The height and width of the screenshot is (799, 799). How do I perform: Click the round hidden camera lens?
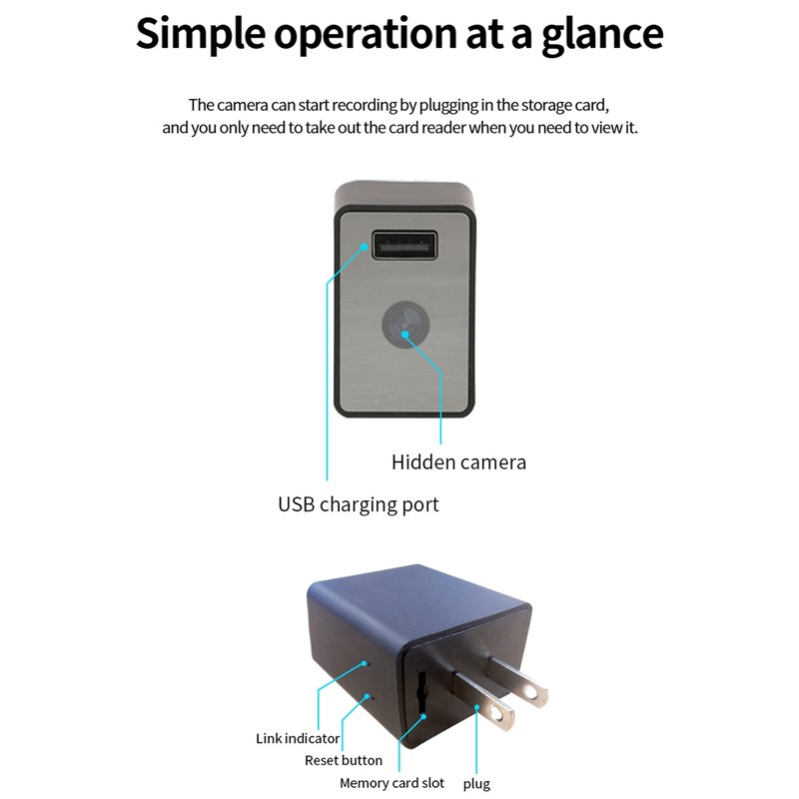tap(403, 325)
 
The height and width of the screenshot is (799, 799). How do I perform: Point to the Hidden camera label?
tap(458, 461)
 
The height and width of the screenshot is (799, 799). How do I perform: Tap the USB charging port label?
tap(358, 504)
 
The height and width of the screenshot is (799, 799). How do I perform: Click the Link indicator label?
tap(297, 739)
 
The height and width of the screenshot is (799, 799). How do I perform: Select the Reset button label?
tap(343, 761)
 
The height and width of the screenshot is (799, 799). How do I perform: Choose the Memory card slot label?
tap(392, 784)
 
